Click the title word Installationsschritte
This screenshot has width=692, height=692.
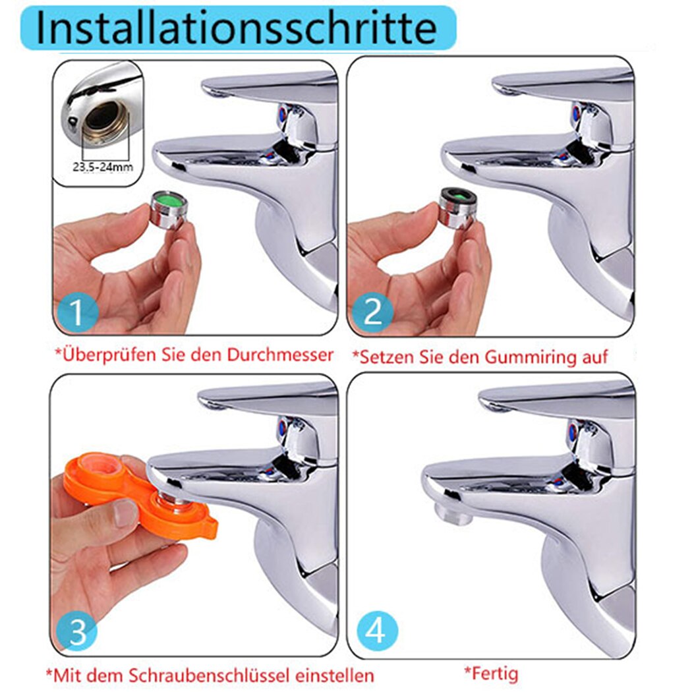click(x=236, y=28)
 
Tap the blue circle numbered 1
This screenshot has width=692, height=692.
click(x=78, y=311)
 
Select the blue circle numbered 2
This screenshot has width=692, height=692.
click(x=373, y=311)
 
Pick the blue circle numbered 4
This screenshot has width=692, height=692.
click(x=377, y=631)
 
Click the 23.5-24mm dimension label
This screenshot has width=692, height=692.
click(x=102, y=167)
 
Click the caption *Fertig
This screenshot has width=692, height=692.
click(x=491, y=674)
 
